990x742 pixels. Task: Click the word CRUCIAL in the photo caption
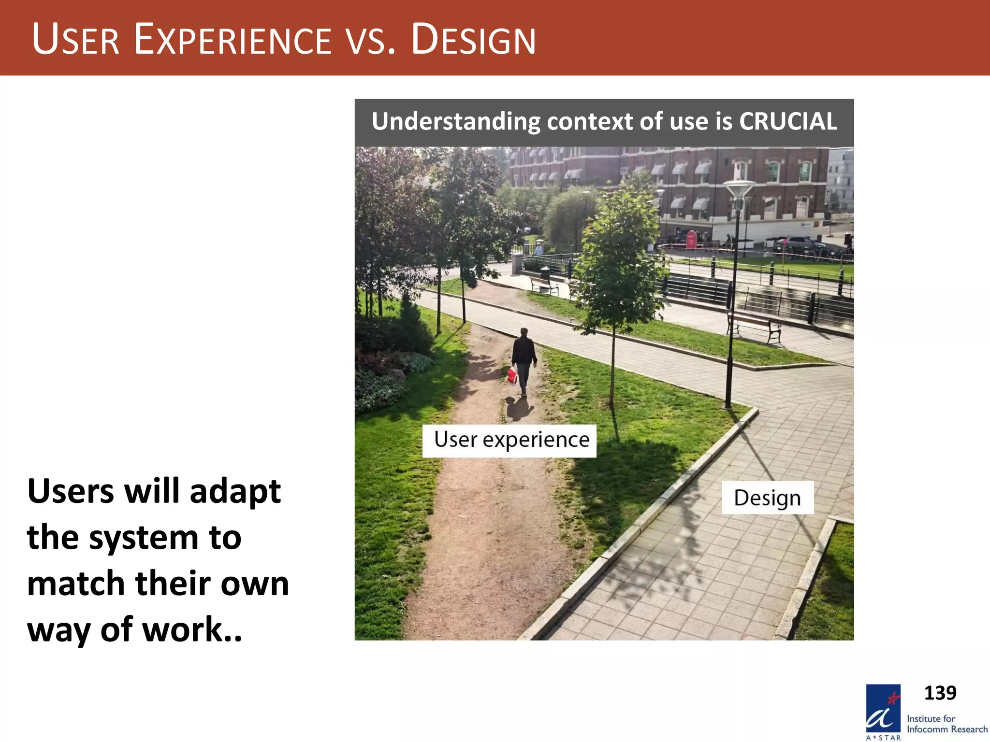pos(788,121)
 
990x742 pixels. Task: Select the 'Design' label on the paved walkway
pos(767,498)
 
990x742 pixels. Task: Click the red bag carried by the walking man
pos(512,375)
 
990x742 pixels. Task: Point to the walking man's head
pos(524,332)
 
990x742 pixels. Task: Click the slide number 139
pos(940,693)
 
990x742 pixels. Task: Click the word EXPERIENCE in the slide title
pos(233,40)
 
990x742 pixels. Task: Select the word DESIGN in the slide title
pos(473,40)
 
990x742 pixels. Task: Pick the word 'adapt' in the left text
pos(235,492)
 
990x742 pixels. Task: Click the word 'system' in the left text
pos(164,538)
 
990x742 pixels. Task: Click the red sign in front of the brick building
pos(692,239)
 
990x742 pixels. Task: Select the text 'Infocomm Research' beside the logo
pos(946,729)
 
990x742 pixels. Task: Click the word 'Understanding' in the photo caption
pos(456,121)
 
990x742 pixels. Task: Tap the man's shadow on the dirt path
pos(518,408)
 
